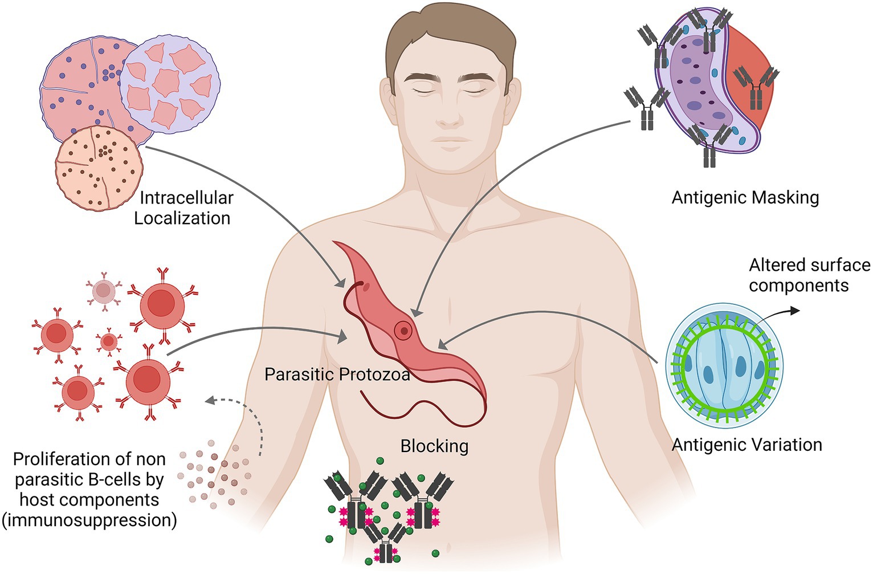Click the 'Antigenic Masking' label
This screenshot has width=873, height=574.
tap(745, 198)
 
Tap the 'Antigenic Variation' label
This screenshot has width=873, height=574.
tap(746, 445)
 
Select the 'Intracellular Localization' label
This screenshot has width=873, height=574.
tap(183, 208)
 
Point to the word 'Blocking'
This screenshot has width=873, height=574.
tap(434, 446)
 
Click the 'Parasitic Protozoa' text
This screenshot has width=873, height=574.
tap(337, 374)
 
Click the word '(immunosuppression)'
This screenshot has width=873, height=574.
tap(88, 520)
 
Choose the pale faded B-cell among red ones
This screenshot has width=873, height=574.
tap(103, 291)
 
